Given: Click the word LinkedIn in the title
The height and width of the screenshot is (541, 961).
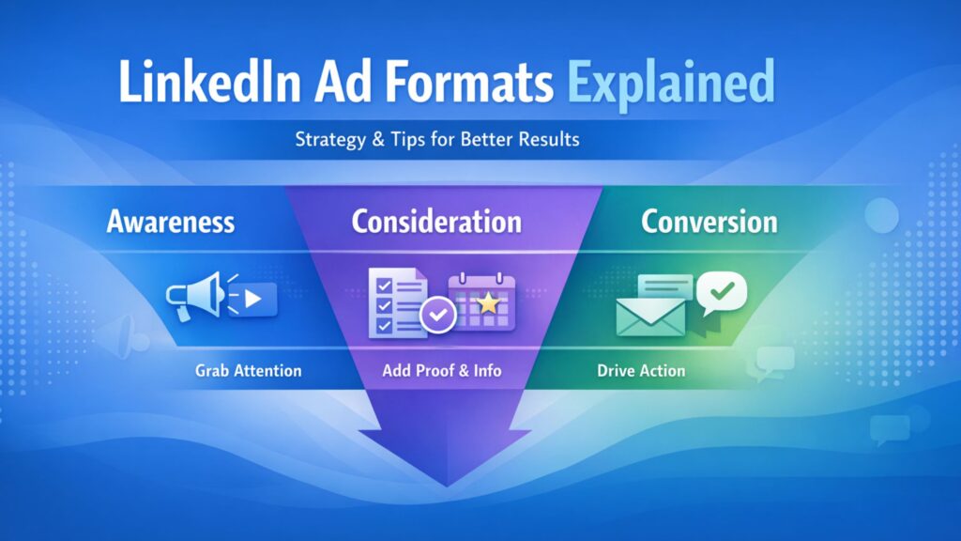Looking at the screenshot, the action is pos(209,83).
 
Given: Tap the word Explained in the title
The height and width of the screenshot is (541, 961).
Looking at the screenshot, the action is pos(670,85).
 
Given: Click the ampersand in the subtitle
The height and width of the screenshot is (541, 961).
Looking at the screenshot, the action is pos(378,139).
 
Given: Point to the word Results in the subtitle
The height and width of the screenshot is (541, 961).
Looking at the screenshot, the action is pos(549,139).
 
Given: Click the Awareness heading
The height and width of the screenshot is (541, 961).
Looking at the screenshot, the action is pos(171,222).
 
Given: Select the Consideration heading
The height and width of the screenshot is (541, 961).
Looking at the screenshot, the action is pos(436,222).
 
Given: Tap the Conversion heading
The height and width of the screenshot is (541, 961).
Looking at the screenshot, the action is pos(709,222).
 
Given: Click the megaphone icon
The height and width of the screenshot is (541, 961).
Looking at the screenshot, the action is pos(196,296).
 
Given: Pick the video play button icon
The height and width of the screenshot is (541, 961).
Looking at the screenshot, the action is pos(252,299).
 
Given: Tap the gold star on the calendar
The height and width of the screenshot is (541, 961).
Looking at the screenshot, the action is pos(488,302).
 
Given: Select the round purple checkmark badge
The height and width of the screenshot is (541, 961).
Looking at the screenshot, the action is pos(437,315).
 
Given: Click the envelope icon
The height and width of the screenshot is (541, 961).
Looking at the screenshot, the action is pos(651,317).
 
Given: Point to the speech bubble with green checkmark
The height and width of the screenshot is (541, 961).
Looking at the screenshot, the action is pos(722,293).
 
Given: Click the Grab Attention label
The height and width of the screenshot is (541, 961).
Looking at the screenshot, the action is pos(248,370).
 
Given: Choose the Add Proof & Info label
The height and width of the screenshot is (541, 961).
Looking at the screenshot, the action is pos(442,370).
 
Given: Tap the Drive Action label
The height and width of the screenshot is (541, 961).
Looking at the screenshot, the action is pos(641,370).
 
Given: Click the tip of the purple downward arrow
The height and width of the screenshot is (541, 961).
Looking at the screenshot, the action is pos(446,487).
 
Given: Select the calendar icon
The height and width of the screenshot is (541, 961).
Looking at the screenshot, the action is pos(481,302).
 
